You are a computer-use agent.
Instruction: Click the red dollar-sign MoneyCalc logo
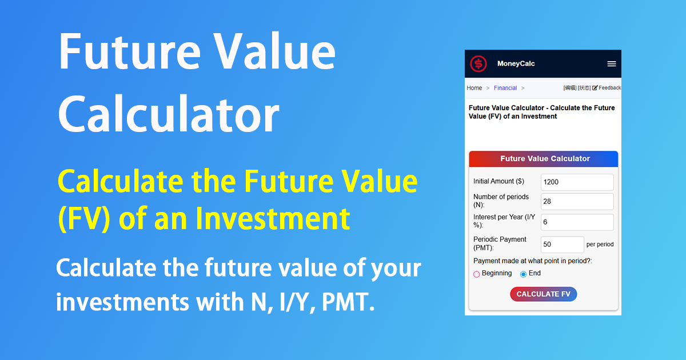tap(478, 64)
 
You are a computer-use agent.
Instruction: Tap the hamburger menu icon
tap(611, 64)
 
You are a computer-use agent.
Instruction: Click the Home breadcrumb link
tap(474, 88)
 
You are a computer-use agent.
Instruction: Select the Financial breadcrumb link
tap(505, 88)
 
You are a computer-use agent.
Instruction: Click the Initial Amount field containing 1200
tap(577, 182)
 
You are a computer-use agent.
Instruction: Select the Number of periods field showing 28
tap(577, 202)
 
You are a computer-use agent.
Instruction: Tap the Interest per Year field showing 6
tap(577, 222)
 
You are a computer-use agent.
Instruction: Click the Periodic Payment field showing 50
tap(562, 245)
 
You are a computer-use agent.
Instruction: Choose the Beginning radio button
tap(477, 274)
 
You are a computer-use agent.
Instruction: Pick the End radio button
tap(523, 274)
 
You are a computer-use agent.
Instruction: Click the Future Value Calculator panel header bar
tap(544, 159)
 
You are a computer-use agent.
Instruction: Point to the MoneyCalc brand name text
tap(516, 64)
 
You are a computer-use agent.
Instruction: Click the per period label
tap(600, 245)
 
